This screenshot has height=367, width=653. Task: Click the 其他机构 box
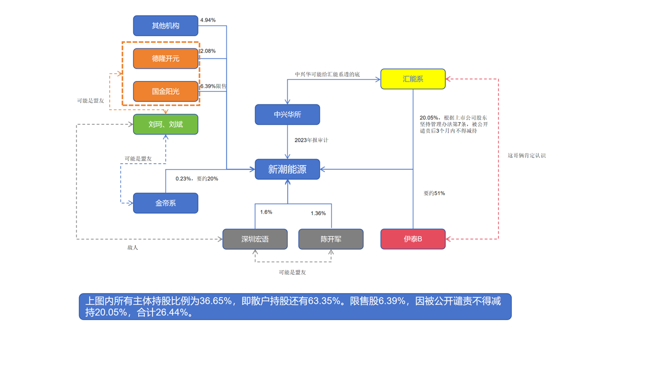(x=165, y=25)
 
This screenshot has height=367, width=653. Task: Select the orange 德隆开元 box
(x=165, y=59)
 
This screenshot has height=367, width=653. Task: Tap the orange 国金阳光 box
(x=165, y=91)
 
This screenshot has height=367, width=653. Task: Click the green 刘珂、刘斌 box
(x=165, y=124)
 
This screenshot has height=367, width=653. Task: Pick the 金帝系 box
(x=165, y=203)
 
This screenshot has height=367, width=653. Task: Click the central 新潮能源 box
(x=287, y=169)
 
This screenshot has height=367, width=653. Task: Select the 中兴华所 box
(x=287, y=115)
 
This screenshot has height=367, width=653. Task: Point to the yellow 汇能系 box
(x=413, y=79)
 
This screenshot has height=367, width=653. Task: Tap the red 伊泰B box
(x=413, y=239)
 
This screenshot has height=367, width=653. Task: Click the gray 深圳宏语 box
(x=255, y=239)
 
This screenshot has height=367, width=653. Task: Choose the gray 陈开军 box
(x=331, y=239)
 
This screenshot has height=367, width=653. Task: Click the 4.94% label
(x=208, y=20)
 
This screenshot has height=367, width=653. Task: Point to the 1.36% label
(x=318, y=214)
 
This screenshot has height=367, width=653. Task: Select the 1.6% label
(x=266, y=212)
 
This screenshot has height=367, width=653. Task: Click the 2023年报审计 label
(x=311, y=140)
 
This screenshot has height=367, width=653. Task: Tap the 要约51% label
(x=434, y=193)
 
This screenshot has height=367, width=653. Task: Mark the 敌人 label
(x=133, y=248)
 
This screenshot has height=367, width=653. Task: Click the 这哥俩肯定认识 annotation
(x=526, y=155)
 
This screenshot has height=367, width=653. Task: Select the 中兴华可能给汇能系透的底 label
(x=327, y=74)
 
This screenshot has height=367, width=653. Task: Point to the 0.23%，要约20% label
(x=196, y=179)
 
